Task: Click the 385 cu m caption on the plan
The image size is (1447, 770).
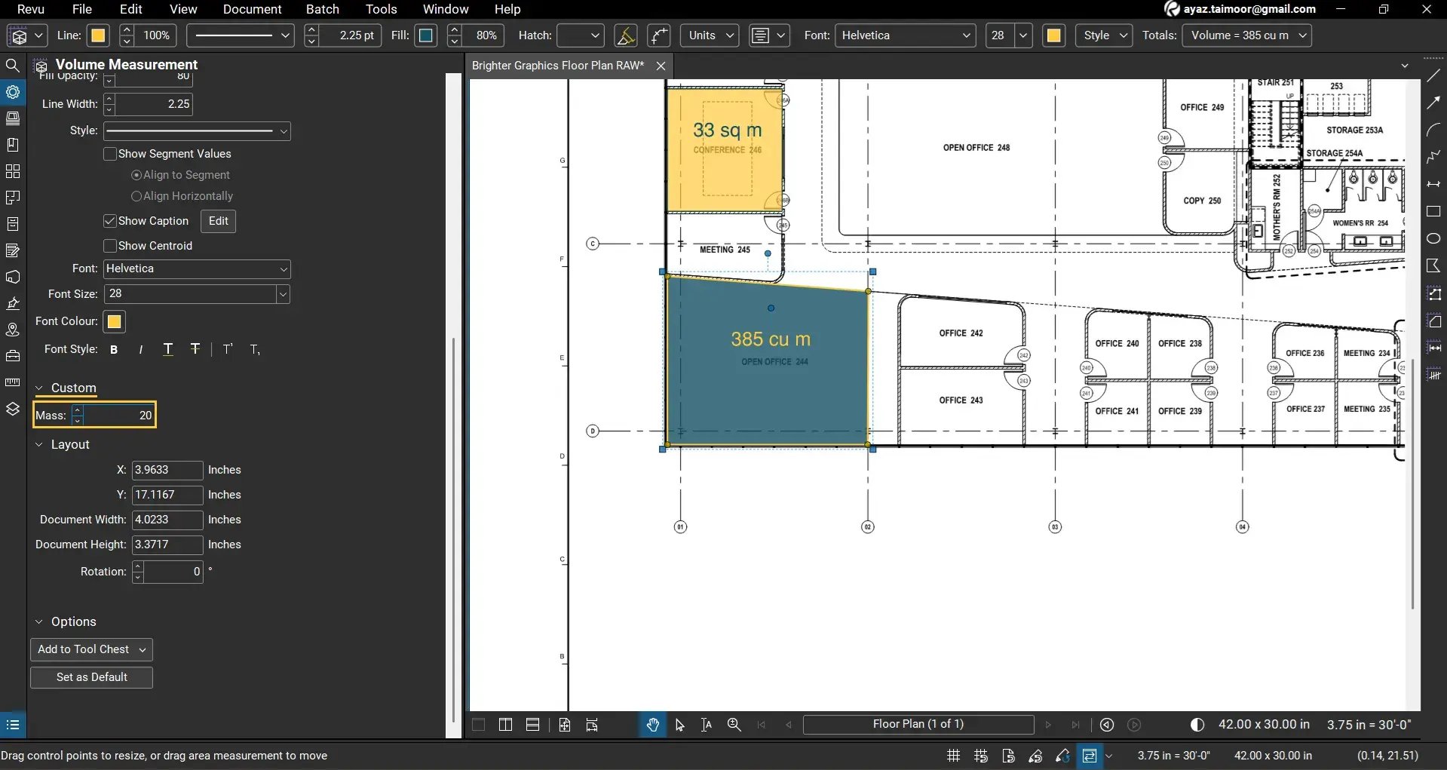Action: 770,339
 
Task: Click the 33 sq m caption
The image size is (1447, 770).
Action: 727,130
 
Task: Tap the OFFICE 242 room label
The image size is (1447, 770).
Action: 961,333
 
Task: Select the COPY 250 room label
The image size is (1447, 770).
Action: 1201,201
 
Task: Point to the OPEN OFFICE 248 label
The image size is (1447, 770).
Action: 976,148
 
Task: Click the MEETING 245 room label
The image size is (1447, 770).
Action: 724,250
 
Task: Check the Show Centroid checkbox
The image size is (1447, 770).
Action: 110,246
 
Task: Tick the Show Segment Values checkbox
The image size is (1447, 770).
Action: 110,154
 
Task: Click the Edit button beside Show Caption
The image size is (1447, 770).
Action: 218,221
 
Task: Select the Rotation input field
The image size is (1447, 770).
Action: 173,572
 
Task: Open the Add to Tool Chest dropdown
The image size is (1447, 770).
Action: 91,649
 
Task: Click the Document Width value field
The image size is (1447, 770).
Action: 167,520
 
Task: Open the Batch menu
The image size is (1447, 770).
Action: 322,9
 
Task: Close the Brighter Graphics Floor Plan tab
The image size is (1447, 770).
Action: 661,66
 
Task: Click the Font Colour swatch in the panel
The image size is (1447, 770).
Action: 114,322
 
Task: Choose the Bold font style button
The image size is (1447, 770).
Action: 114,350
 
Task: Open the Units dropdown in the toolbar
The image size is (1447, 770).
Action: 710,35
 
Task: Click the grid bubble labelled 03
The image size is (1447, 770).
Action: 1055,527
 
